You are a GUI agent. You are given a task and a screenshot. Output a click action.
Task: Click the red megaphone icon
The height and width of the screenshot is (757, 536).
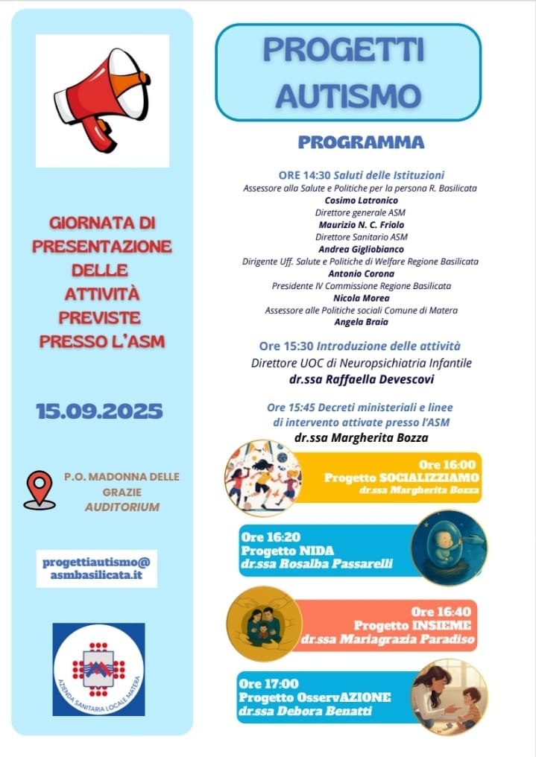tap(101, 98)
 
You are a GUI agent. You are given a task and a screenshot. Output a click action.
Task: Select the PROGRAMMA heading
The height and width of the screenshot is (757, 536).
tap(361, 142)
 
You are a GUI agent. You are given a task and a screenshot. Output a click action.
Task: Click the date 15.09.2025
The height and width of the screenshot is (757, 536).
tap(99, 411)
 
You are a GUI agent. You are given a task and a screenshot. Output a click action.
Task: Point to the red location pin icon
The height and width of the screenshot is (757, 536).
tap(39, 490)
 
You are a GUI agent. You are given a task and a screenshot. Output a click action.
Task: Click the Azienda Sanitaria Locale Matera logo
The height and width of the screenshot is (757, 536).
tap(99, 669)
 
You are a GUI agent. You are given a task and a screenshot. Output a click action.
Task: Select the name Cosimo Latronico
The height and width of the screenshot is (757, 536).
tap(362, 200)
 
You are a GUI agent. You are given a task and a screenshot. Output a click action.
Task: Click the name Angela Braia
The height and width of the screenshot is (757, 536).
tap(361, 322)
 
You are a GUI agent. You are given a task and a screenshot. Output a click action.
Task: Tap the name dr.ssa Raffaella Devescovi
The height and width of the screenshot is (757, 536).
tap(361, 378)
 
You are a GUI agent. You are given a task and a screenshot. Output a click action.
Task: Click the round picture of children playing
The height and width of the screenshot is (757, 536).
tap(262, 478)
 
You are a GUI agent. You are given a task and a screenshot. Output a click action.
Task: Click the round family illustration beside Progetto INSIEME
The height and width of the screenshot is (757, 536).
tap(263, 624)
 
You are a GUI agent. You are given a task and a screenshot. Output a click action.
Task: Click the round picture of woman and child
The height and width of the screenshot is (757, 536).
tap(449, 697)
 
